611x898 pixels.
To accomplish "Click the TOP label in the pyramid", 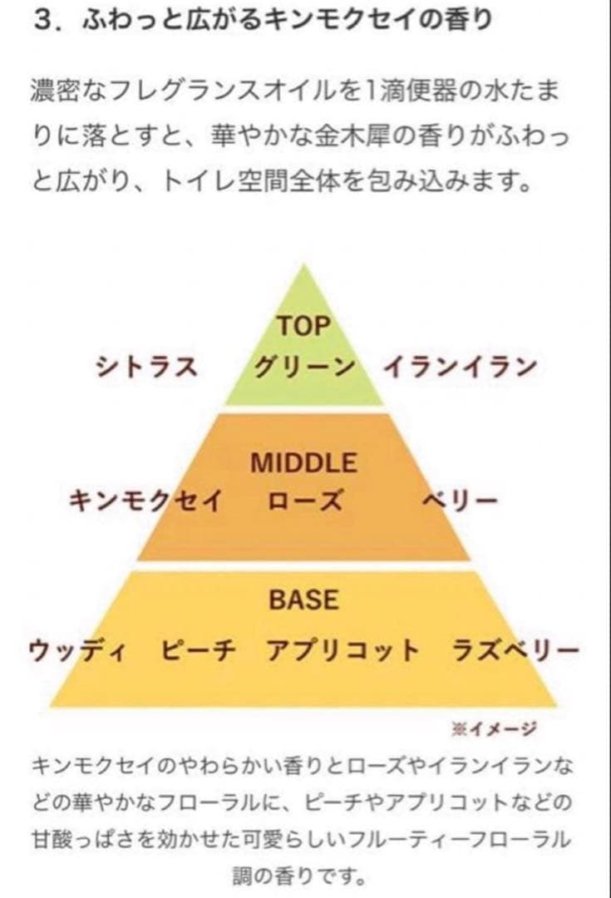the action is tap(304, 326).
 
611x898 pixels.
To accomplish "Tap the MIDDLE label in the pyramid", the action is tap(304, 463).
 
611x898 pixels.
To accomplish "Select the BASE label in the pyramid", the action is tap(304, 599).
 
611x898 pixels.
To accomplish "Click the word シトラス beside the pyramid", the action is tap(146, 367).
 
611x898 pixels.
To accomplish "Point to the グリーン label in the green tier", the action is tap(304, 367).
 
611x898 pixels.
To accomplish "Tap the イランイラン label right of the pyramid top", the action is tap(461, 367).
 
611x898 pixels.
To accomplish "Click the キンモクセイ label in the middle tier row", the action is tap(145, 501).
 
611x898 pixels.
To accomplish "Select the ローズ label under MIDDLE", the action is tap(305, 501).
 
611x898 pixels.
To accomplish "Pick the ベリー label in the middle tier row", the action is tap(460, 501).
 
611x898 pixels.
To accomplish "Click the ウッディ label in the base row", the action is tap(78, 650).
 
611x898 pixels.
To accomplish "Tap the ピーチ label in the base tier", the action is tap(198, 650).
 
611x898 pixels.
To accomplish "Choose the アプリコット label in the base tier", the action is tap(343, 650).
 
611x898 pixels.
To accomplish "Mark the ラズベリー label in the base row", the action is tap(515, 650).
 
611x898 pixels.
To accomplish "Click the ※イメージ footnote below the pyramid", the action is tap(494, 728).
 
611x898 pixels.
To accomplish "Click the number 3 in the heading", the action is tap(43, 21).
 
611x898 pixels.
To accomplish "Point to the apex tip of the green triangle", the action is tap(304, 264).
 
